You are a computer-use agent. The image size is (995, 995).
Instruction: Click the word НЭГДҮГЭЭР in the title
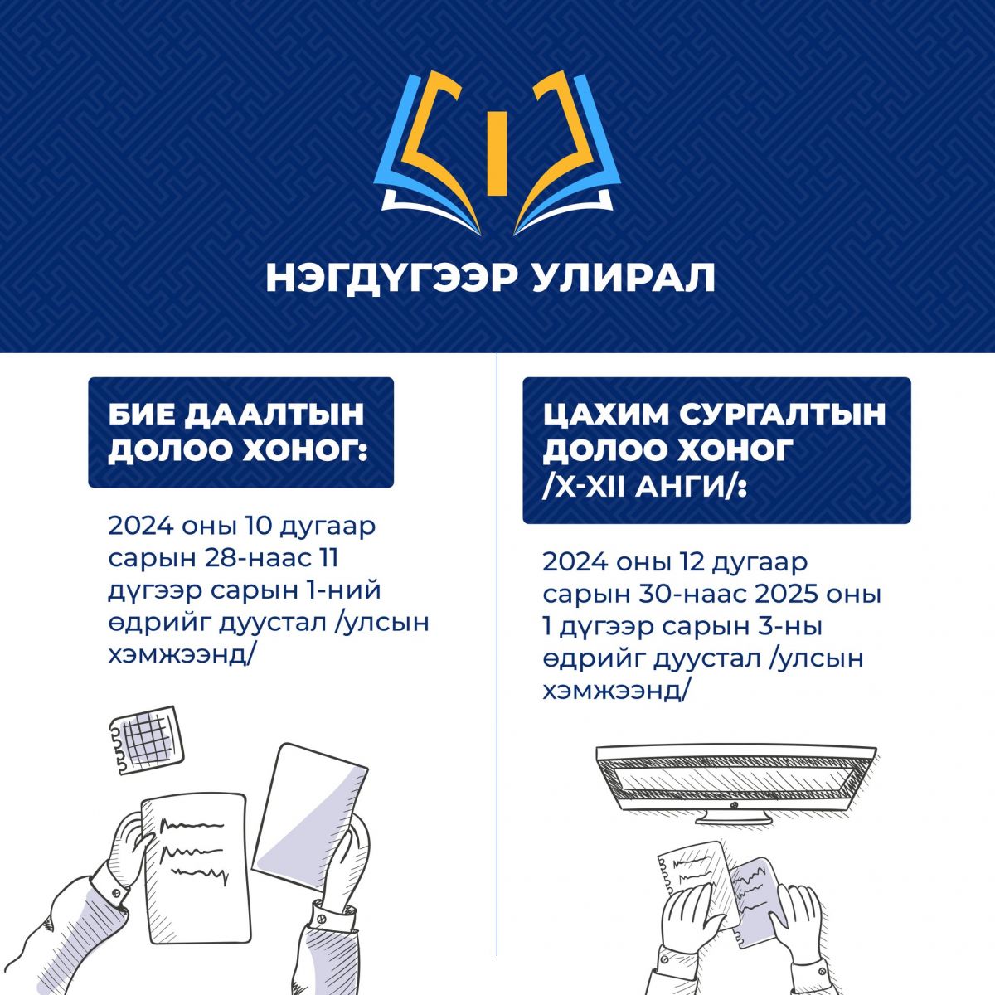(391, 279)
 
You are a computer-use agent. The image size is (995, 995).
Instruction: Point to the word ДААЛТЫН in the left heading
(274, 415)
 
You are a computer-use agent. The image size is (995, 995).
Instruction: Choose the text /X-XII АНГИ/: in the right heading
(645, 488)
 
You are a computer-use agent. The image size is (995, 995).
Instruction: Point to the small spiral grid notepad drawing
(146, 740)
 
